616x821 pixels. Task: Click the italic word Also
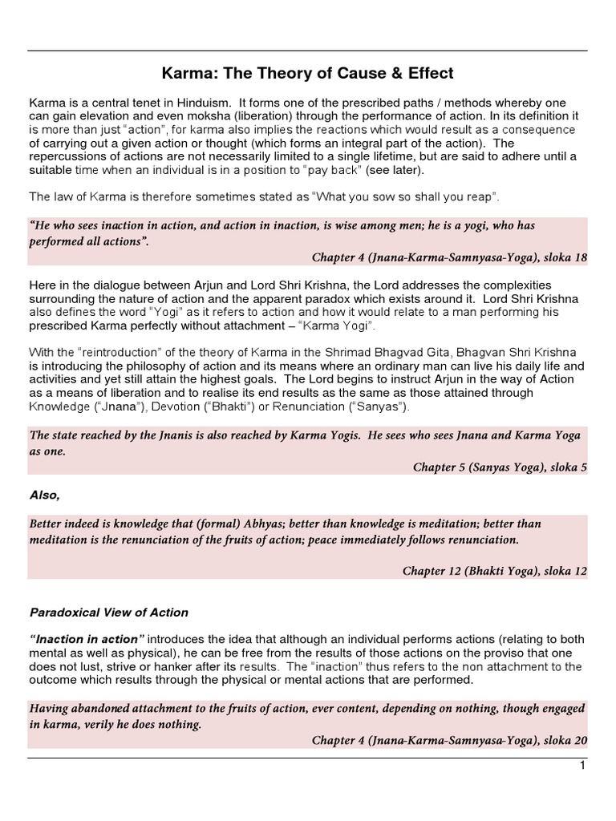click(45, 495)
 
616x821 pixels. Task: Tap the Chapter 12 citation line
click(494, 571)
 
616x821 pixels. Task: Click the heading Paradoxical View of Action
click(109, 613)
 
